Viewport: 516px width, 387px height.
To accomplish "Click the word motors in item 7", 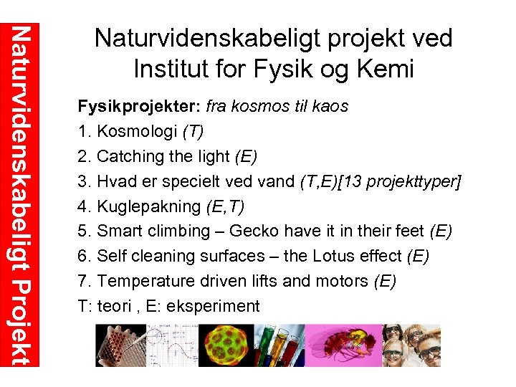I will click(x=343, y=281).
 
